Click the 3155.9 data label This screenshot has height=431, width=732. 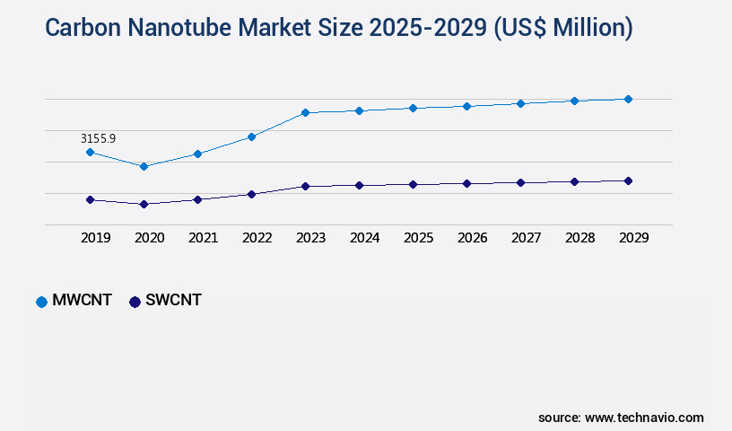pos(98,138)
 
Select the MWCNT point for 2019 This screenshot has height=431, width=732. pos(90,152)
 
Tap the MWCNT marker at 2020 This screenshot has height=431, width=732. pos(144,166)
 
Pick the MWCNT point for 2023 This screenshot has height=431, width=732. pos(305,112)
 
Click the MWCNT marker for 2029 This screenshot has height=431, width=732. pos(628,99)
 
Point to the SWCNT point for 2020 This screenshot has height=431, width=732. pos(144,204)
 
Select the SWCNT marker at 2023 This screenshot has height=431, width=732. pos(305,186)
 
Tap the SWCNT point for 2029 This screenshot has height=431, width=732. pos(628,180)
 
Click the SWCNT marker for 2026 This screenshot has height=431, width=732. pos(466,183)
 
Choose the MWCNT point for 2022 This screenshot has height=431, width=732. pos(251,136)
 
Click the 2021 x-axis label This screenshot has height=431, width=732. pos(203,238)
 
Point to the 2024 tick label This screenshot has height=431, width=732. pos(364,238)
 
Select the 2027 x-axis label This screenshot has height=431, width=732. pos(526,238)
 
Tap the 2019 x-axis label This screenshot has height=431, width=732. pos(95,238)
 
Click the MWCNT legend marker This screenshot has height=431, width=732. pos(41,302)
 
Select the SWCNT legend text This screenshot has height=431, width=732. pos(173,301)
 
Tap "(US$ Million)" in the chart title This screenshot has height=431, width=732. pos(562,28)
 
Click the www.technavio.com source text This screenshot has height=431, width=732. pos(644,418)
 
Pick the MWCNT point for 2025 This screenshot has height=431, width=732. pos(413,108)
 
